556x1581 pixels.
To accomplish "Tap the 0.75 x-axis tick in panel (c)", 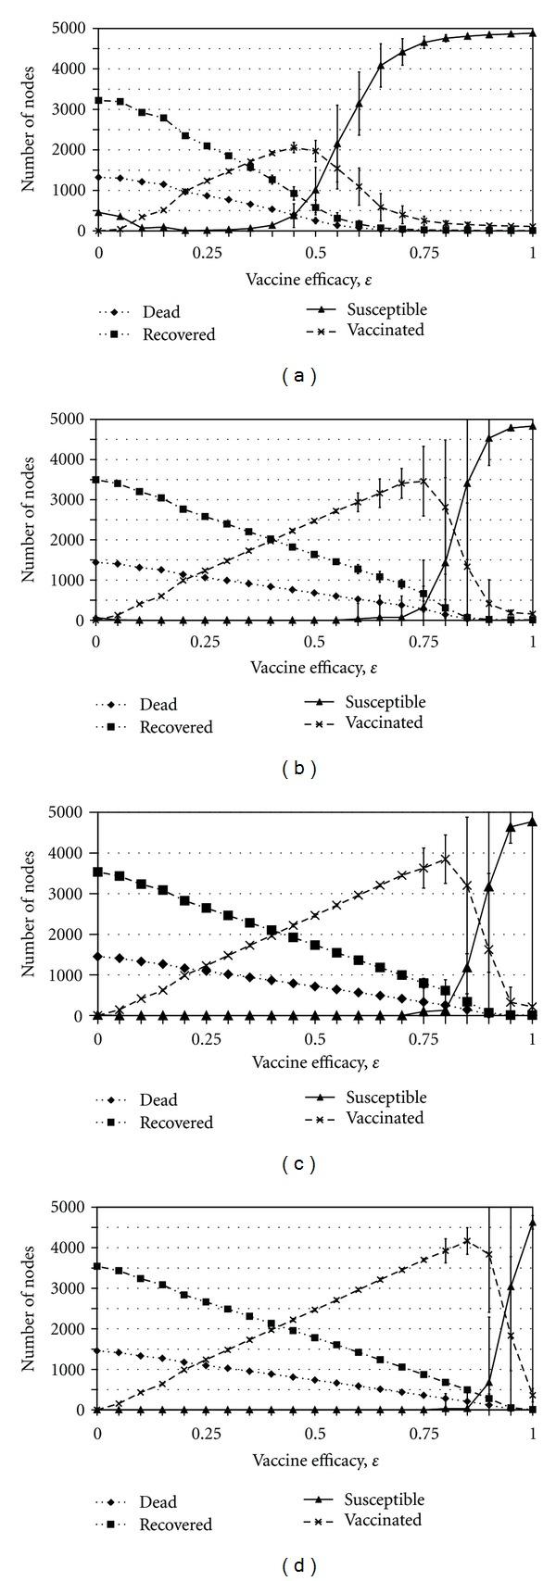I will pyautogui.click(x=423, y=1038).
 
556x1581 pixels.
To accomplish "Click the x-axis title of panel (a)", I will pyautogui.click(x=314, y=279).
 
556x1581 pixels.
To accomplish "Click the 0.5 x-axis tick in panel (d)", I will pyautogui.click(x=314, y=1433).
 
